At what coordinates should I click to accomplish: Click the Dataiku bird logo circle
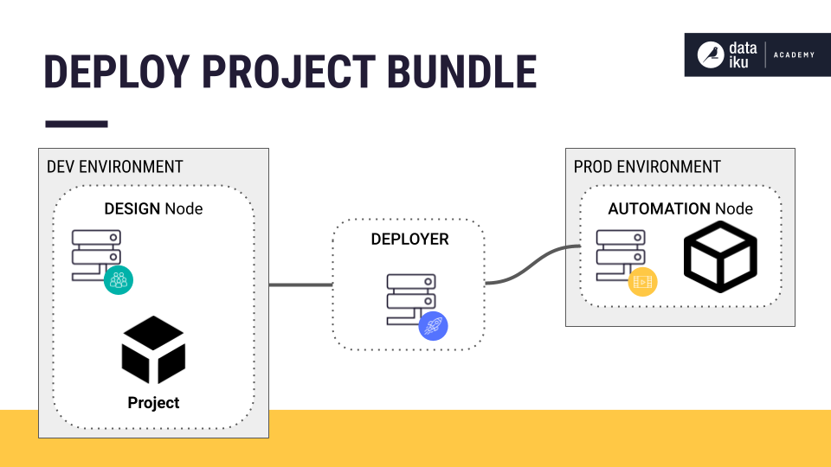[712, 54]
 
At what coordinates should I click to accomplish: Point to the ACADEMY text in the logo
[795, 55]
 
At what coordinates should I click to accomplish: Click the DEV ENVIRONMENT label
[114, 166]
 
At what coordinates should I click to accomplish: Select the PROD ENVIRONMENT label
[647, 166]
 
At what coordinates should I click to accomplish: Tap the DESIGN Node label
[153, 208]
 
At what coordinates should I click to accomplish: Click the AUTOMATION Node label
[680, 208]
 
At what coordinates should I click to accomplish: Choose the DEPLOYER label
[409, 239]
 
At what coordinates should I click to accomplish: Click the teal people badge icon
[119, 279]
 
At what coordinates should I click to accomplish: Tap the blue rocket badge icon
[433, 325]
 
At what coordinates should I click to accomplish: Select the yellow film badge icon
[642, 281]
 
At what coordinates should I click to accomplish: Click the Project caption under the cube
[153, 402]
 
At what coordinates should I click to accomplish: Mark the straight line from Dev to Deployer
[300, 285]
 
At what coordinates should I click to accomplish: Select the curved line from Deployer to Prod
[532, 264]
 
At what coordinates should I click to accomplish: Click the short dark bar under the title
[76, 124]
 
